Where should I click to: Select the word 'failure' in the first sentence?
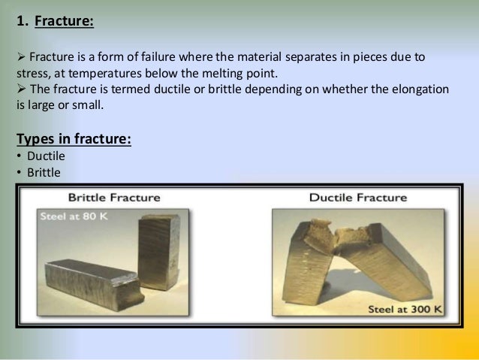click(x=208, y=58)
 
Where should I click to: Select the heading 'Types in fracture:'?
click(x=74, y=140)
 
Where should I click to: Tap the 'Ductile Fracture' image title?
click(x=357, y=198)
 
